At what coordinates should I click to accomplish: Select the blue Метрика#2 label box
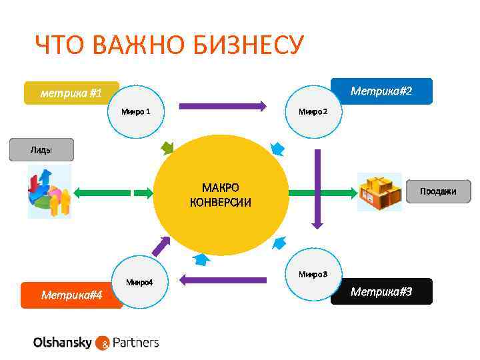[381, 91]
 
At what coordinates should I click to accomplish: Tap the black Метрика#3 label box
[381, 291]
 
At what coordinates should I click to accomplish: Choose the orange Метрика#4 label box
[71, 295]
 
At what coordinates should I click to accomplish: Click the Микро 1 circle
[136, 111]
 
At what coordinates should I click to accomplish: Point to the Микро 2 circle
[313, 111]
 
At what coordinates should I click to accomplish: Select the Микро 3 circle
[313, 273]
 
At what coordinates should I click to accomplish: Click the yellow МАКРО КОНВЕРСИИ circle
[221, 194]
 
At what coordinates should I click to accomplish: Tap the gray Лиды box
[41, 150]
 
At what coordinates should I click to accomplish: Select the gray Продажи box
[438, 191]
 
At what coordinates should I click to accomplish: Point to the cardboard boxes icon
[379, 192]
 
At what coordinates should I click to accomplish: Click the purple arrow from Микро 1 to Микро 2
[223, 105]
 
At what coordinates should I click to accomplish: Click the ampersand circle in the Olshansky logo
[103, 343]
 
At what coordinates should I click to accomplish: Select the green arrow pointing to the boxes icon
[323, 193]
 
